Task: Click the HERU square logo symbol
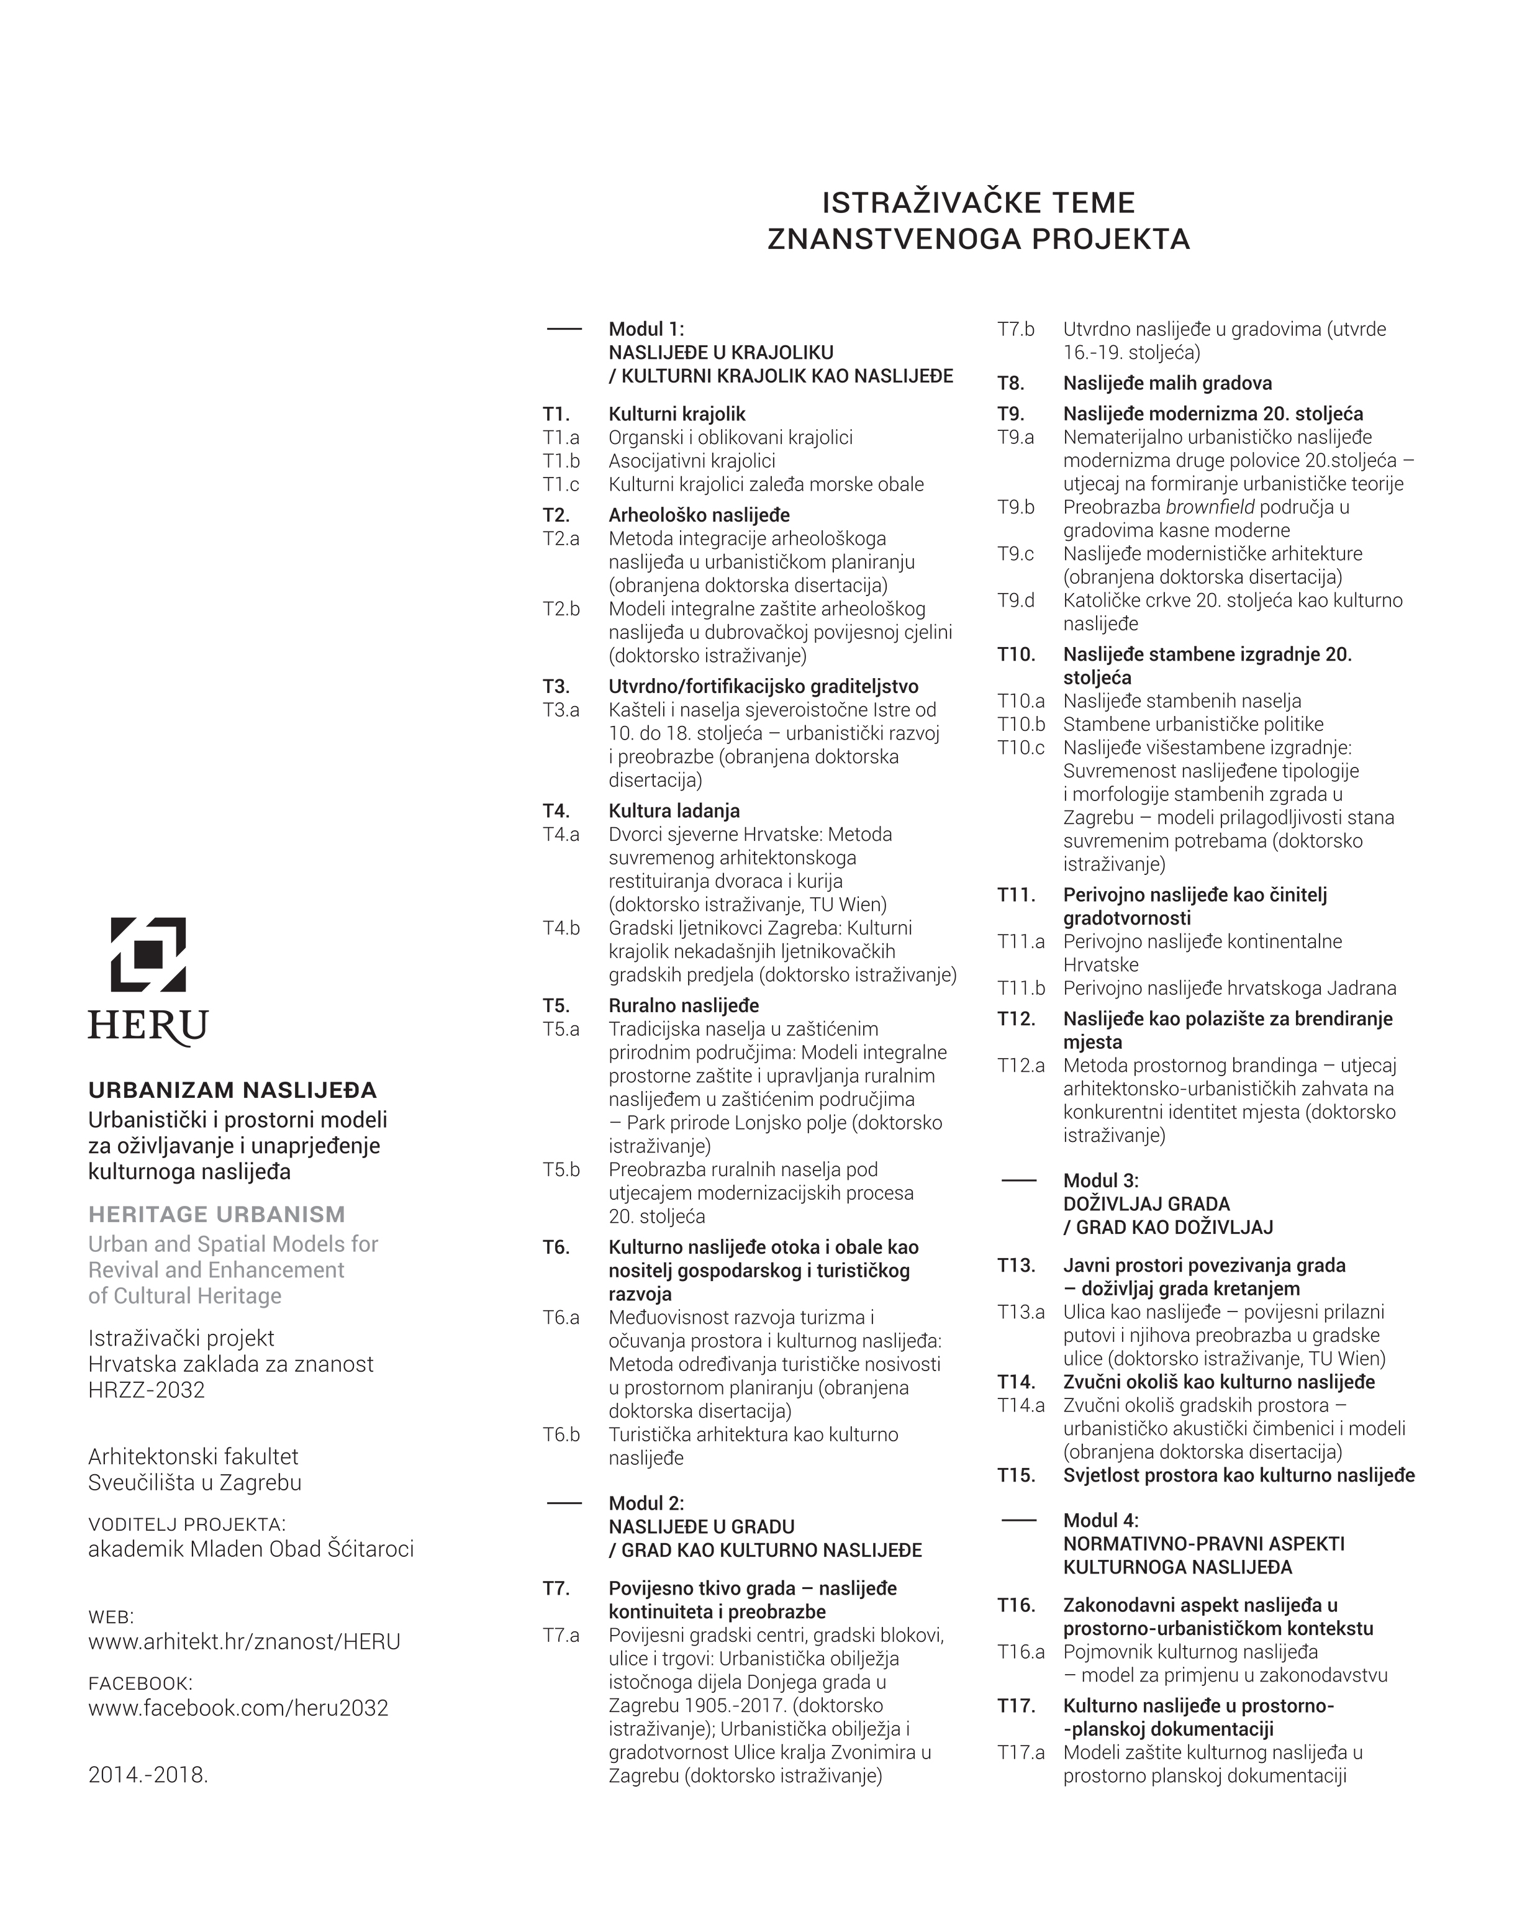[x=148, y=954]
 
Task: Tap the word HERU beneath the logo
[x=148, y=1026]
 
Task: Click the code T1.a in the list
[x=561, y=437]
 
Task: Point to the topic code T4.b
[x=561, y=928]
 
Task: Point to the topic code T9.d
[x=1016, y=600]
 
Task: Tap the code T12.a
[x=1021, y=1065]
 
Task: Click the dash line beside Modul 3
[x=1018, y=1180]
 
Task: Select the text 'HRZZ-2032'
[x=147, y=1390]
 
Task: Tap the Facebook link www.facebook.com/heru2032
[x=238, y=1708]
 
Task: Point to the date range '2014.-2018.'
[x=148, y=1775]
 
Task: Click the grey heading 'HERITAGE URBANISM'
[x=217, y=1214]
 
